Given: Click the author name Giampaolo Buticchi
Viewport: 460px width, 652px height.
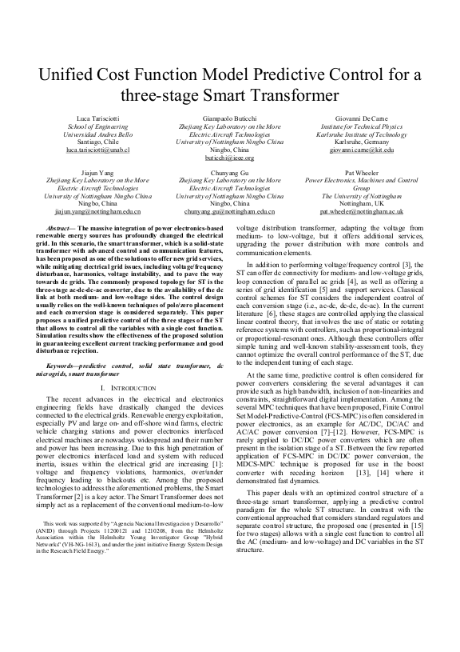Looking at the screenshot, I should coord(229,119).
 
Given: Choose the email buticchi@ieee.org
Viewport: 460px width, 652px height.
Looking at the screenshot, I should coord(229,158).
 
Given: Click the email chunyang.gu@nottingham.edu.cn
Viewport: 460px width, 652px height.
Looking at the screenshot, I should coord(229,212).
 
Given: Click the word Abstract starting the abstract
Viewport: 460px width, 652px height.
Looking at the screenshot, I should coord(63,229).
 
